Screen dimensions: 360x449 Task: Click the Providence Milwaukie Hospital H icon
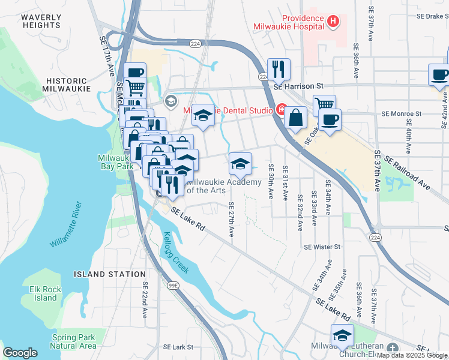[334, 22]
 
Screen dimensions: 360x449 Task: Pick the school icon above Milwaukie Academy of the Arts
[240, 163]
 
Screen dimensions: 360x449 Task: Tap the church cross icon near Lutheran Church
[393, 349]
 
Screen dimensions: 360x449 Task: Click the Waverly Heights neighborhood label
[41, 22]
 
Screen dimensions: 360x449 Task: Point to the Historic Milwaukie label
[66, 84]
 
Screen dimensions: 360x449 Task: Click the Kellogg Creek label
[176, 253]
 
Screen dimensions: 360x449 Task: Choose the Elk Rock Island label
[46, 293]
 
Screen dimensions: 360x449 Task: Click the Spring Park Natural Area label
[73, 341]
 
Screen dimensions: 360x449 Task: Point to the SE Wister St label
[322, 247]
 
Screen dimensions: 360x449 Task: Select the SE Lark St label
[178, 347]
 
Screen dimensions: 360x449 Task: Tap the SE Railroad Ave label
[408, 175]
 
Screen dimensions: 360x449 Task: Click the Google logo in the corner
[20, 353]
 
